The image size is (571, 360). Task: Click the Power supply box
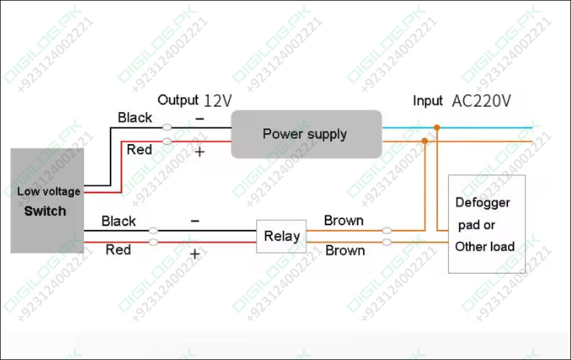click(306, 134)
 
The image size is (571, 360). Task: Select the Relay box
click(281, 236)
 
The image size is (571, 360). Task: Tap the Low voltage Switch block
click(47, 201)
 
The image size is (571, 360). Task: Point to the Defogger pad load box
click(486, 224)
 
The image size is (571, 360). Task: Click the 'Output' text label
click(178, 100)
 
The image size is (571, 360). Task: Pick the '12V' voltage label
click(217, 100)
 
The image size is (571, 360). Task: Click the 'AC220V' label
click(481, 101)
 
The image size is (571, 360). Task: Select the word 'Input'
click(427, 101)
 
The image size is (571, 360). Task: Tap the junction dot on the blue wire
click(437, 127)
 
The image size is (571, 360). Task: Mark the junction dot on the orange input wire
click(425, 141)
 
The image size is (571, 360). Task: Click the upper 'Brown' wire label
click(344, 221)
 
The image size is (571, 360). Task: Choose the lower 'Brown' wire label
click(345, 251)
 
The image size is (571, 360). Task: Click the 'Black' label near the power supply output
click(135, 118)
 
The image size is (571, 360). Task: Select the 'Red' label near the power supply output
click(139, 149)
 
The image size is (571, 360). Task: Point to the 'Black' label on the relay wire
click(119, 221)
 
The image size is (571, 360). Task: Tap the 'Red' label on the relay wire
click(118, 250)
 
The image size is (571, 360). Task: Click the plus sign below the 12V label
click(200, 152)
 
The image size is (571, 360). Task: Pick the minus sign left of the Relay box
click(195, 221)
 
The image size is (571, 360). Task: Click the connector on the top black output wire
click(167, 127)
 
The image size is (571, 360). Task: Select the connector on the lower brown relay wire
click(387, 242)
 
